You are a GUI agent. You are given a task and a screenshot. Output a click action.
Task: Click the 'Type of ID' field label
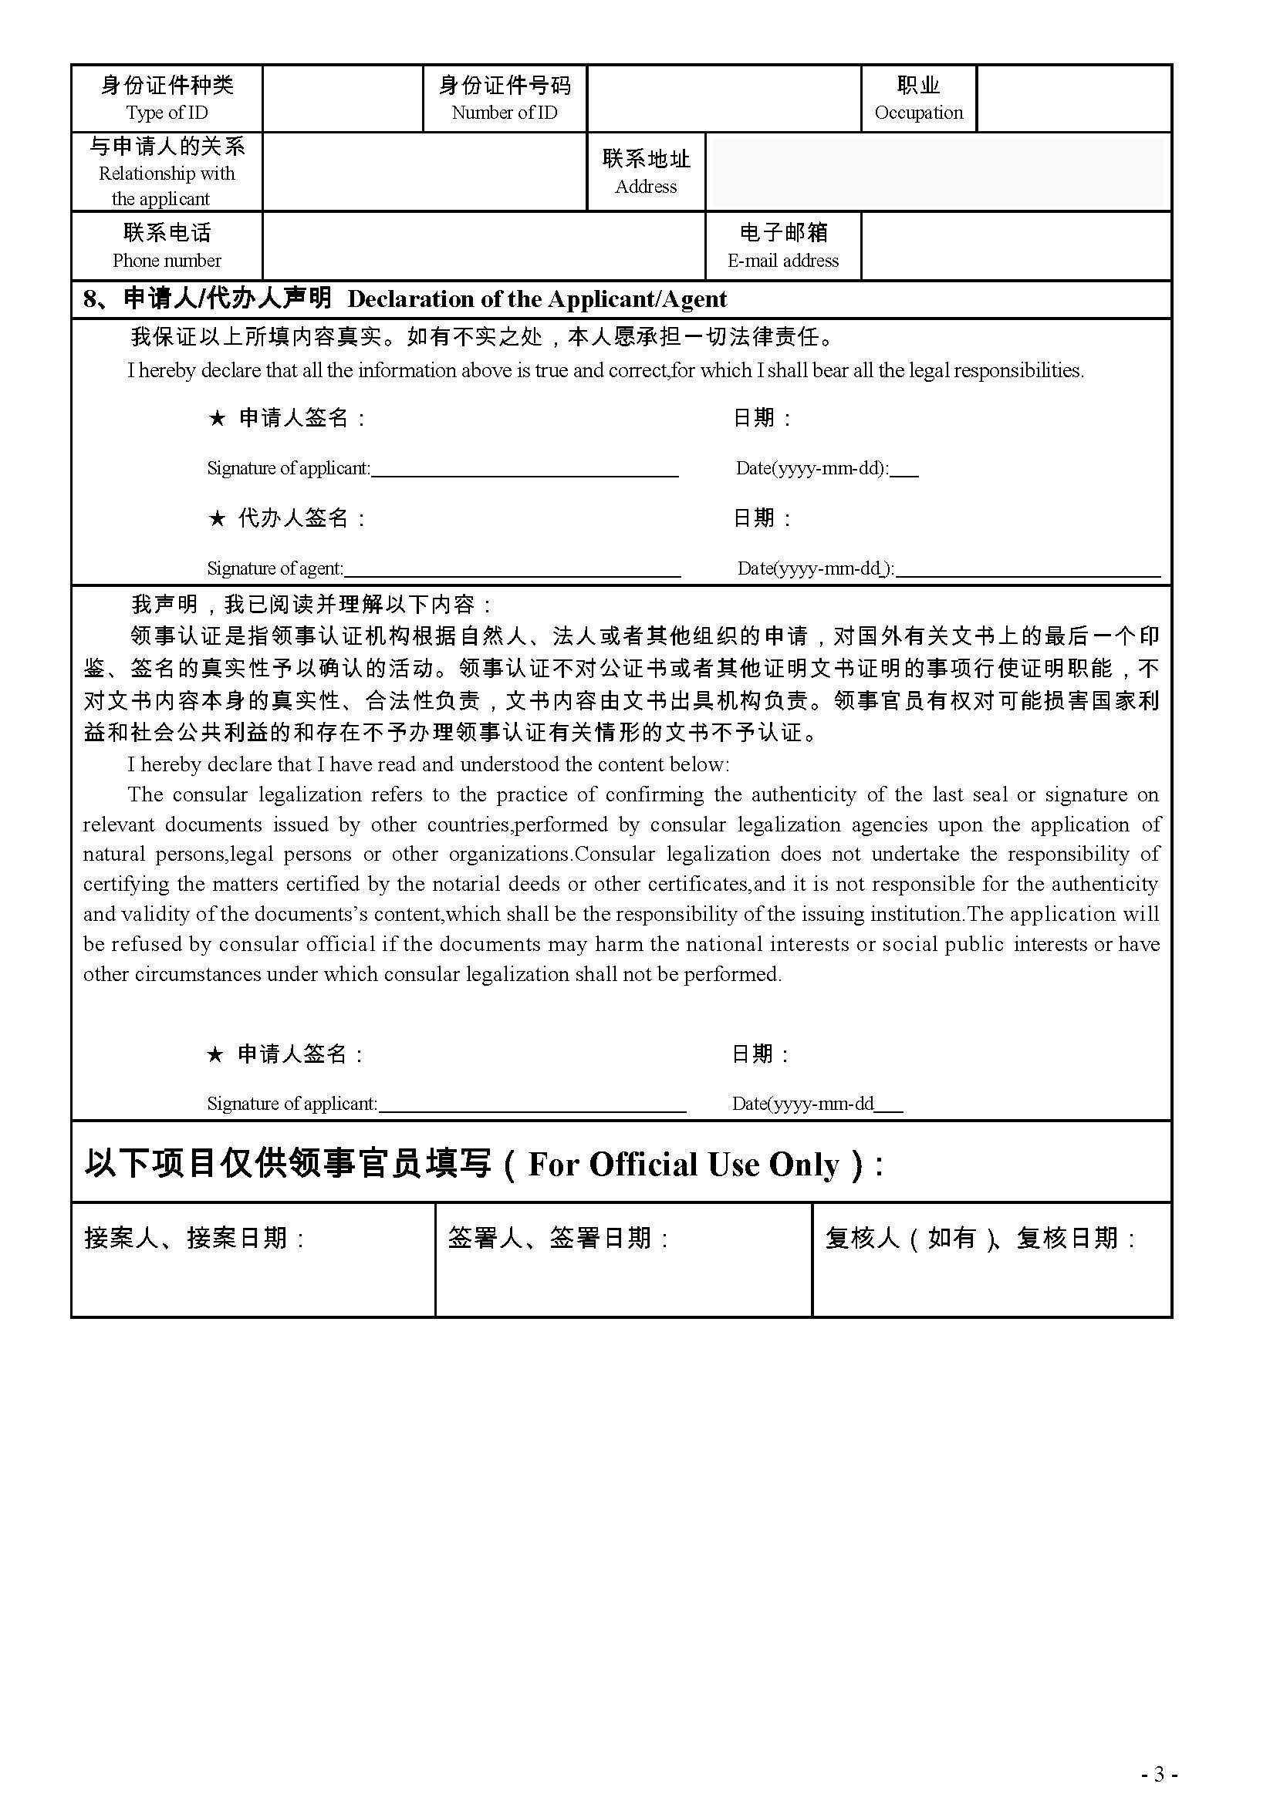pyautogui.click(x=167, y=113)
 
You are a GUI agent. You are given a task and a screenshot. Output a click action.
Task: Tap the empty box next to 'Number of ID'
pyautogui.click(x=723, y=98)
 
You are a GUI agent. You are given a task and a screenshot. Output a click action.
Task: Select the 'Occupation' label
pyautogui.click(x=918, y=98)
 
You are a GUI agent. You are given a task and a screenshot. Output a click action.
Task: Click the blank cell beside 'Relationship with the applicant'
pyautogui.click(x=424, y=171)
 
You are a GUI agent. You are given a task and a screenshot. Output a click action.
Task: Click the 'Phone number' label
pyautogui.click(x=167, y=260)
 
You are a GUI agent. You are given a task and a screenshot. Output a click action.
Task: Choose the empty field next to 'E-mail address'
pyautogui.click(x=1015, y=245)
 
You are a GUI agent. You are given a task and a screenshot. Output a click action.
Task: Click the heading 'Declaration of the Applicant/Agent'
pyautogui.click(x=537, y=299)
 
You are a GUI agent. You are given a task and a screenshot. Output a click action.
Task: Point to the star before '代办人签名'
pyautogui.click(x=217, y=518)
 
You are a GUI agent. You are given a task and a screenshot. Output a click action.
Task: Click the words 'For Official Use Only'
pyautogui.click(x=683, y=1165)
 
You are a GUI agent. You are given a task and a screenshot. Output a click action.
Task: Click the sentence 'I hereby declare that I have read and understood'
pyautogui.click(x=428, y=764)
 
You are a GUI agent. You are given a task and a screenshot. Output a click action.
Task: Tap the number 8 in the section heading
pyautogui.click(x=90, y=299)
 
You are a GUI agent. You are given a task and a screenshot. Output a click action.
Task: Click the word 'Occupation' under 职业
pyautogui.click(x=918, y=113)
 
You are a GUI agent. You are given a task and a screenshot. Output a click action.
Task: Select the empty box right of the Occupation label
pyautogui.click(x=1073, y=98)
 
